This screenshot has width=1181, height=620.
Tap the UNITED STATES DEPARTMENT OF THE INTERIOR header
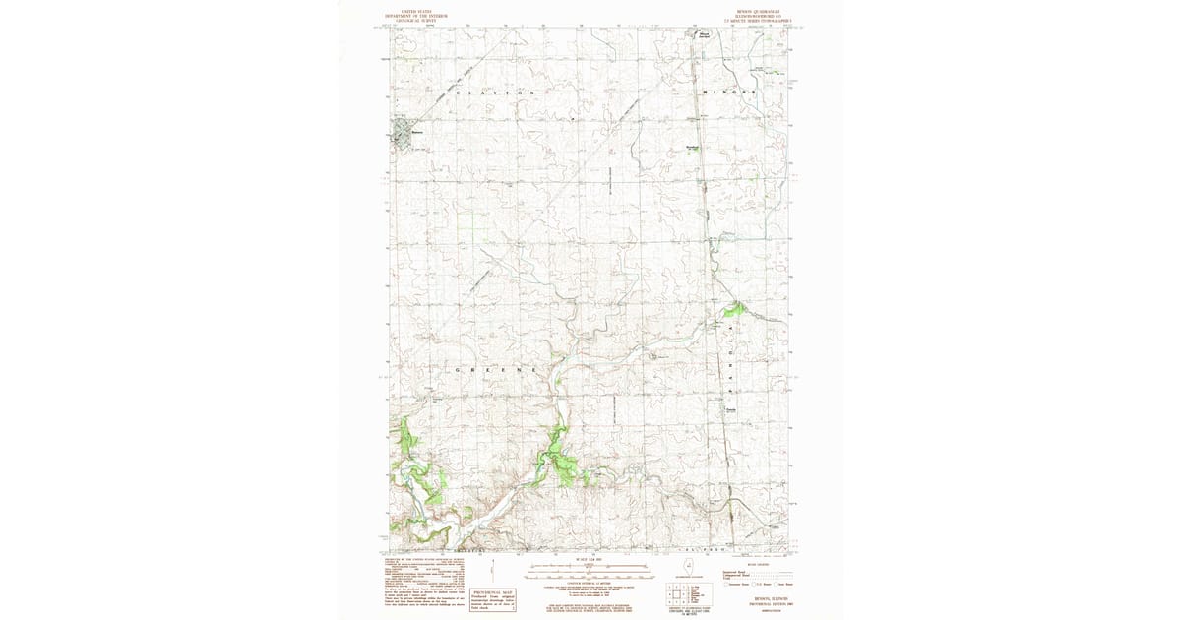pos(414,17)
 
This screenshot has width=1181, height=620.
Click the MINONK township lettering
pos(729,93)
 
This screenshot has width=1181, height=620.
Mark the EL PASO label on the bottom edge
pos(698,549)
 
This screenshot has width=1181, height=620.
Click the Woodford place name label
pos(693,148)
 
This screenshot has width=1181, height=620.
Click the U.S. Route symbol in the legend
pos(757,585)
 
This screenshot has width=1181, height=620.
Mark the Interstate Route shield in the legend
pos(725,585)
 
